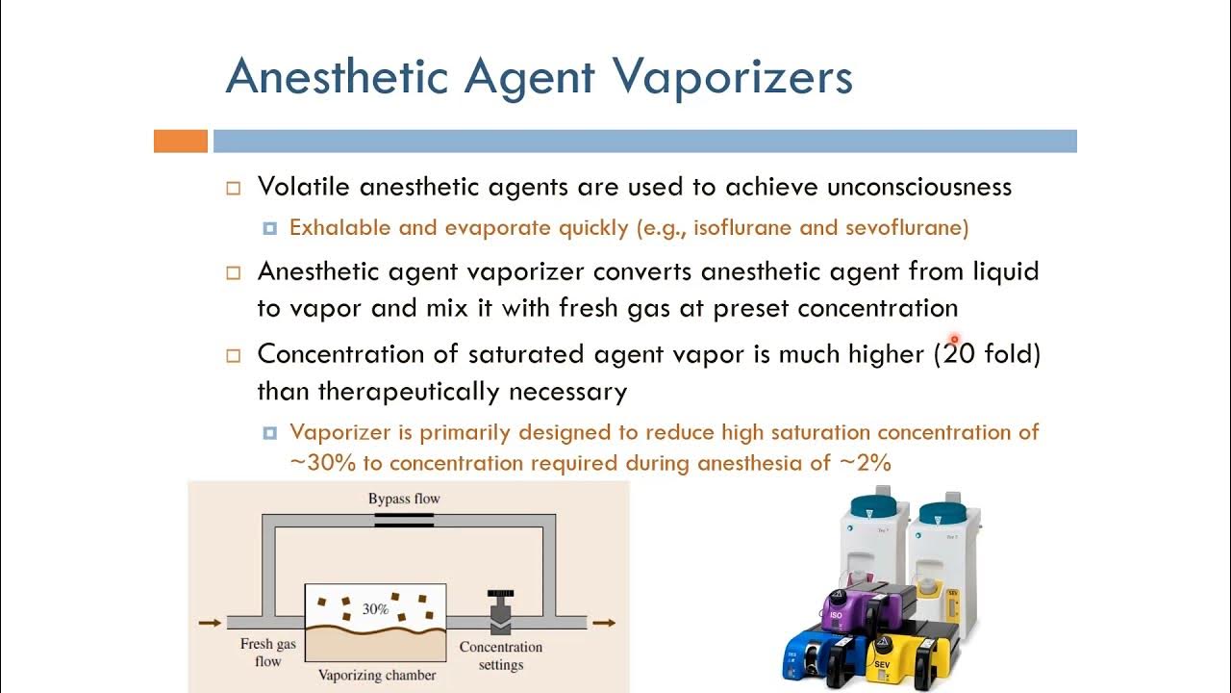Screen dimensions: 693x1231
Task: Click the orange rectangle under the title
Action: coord(181,141)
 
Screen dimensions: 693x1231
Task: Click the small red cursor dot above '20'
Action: coord(954,340)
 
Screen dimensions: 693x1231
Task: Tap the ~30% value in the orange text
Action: coord(321,463)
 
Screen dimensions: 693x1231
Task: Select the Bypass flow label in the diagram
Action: coord(404,499)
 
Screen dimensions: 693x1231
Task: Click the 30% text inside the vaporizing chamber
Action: coord(375,609)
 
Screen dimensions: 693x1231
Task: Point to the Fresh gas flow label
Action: coord(267,653)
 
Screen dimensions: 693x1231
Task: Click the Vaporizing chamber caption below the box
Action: coord(376,675)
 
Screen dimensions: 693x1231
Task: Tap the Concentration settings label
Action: coord(500,655)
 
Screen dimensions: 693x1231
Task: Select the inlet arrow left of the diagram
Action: coord(209,623)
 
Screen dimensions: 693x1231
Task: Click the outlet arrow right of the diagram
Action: coord(604,623)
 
